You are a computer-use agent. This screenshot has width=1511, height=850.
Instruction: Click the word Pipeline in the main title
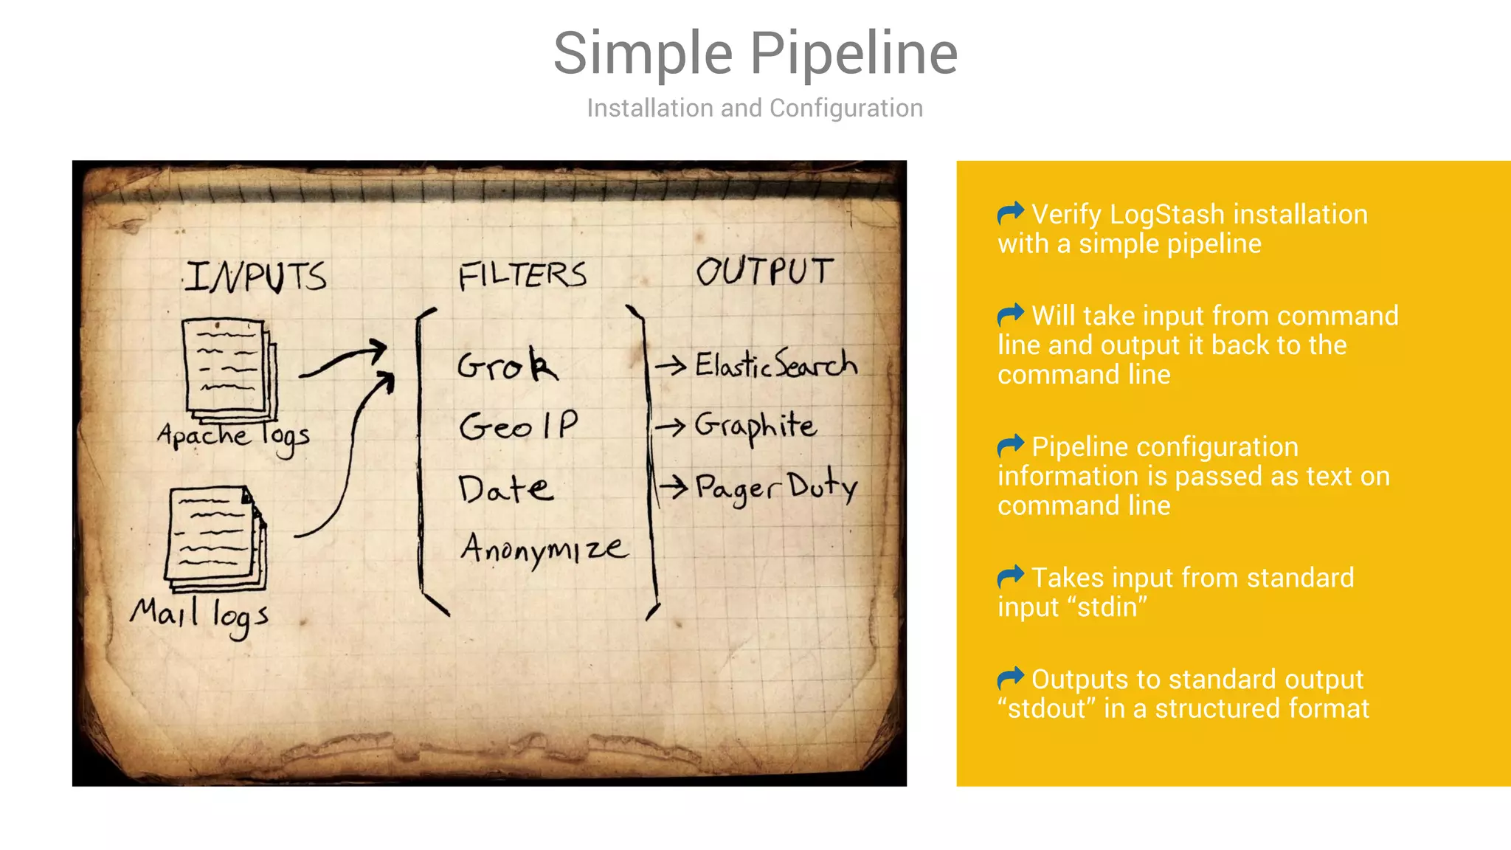click(854, 55)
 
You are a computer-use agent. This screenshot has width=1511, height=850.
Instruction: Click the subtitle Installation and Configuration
click(755, 108)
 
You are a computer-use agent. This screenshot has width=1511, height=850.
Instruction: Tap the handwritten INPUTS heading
click(255, 276)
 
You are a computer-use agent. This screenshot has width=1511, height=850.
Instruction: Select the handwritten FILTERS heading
click(522, 274)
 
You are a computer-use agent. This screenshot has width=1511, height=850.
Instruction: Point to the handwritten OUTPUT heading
click(764, 271)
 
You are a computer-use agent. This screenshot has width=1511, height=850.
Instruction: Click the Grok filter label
click(508, 364)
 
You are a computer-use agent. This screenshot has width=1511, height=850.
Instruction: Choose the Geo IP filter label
click(519, 426)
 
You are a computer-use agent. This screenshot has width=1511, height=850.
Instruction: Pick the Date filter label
click(505, 489)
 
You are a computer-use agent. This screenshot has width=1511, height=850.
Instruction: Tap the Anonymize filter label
click(544, 548)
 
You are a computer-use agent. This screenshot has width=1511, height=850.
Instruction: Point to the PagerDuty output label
click(776, 486)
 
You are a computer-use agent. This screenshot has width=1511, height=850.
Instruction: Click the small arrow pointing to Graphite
click(670, 426)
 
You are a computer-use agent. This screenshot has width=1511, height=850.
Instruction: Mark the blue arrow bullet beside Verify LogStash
click(1010, 213)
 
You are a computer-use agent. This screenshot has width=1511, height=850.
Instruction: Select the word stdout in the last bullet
click(1046, 709)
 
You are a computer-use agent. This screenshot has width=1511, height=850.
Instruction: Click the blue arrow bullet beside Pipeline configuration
click(1010, 446)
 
